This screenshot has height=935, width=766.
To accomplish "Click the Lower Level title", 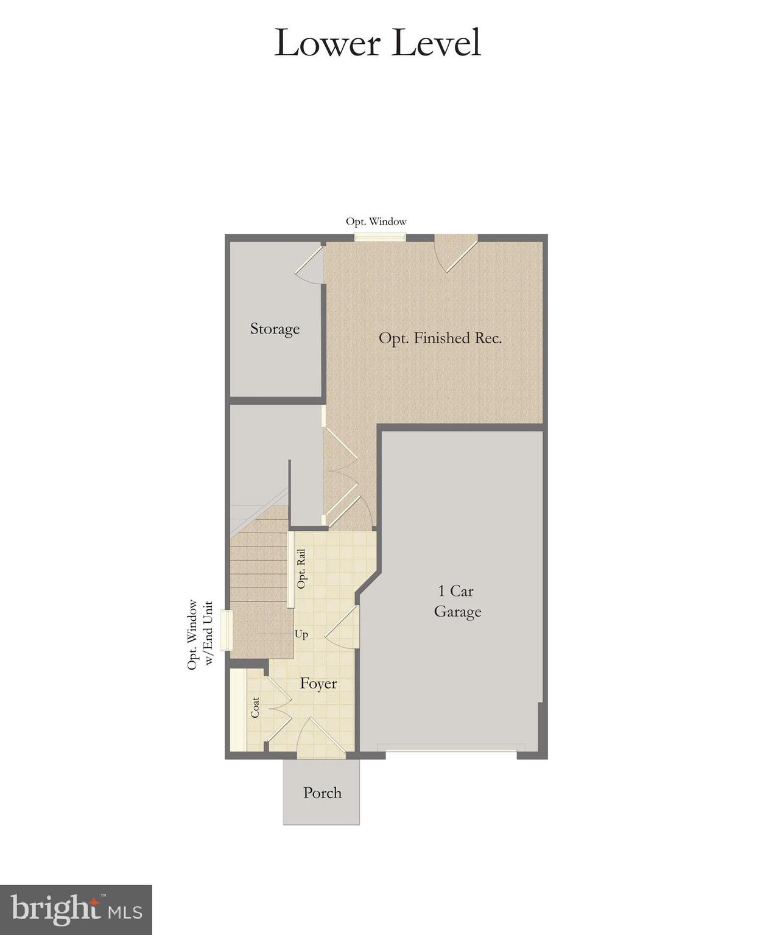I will point(378,43).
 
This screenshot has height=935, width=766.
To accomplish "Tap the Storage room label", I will point(275,329).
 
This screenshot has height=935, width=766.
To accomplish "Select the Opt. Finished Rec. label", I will point(440,338).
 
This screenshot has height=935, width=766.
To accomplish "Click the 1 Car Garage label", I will point(457,601).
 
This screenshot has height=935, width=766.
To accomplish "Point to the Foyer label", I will point(318,684).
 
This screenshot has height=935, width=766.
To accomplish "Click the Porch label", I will point(322,793).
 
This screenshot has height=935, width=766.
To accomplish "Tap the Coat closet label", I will point(255,707).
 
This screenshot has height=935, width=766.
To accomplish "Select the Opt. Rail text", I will point(301,569).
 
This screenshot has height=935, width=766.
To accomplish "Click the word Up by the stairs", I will point(301,634).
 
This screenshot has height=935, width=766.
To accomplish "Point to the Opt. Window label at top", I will point(376,222).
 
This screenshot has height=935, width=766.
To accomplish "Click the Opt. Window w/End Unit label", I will point(200,635).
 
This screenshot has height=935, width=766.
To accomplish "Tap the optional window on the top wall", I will point(380,237).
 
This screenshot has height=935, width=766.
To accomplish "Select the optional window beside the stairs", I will point(227,630).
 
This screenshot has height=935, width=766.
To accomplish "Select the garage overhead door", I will point(451,748).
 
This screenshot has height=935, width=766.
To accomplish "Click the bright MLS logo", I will point(76,909).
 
